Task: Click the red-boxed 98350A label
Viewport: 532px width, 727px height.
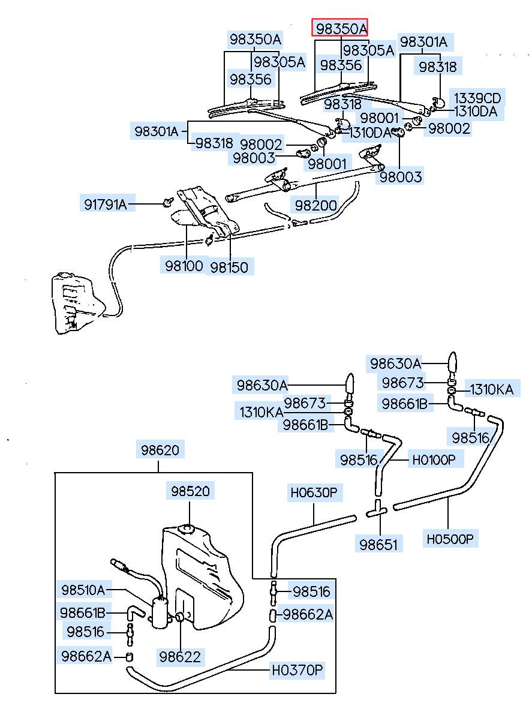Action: click(x=340, y=29)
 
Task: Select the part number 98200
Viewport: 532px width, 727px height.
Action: click(x=315, y=205)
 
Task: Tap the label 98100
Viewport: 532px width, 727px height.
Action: click(x=184, y=265)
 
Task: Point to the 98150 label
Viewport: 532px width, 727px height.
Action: click(x=229, y=266)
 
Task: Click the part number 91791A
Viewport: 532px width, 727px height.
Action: click(x=106, y=205)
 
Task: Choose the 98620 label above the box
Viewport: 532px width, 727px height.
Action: click(x=160, y=449)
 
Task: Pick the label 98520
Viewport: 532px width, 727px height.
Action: click(x=190, y=491)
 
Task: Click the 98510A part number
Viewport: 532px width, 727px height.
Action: click(x=83, y=590)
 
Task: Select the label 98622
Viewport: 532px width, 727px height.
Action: click(x=181, y=656)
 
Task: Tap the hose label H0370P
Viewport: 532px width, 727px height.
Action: click(x=297, y=669)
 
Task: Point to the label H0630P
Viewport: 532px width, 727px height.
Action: click(x=314, y=494)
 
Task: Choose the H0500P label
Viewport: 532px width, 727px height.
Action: click(x=450, y=539)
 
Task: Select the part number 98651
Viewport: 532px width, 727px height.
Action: click(x=380, y=545)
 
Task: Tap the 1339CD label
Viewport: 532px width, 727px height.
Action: click(x=477, y=98)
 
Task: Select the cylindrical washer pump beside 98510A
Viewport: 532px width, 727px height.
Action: click(x=160, y=612)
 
